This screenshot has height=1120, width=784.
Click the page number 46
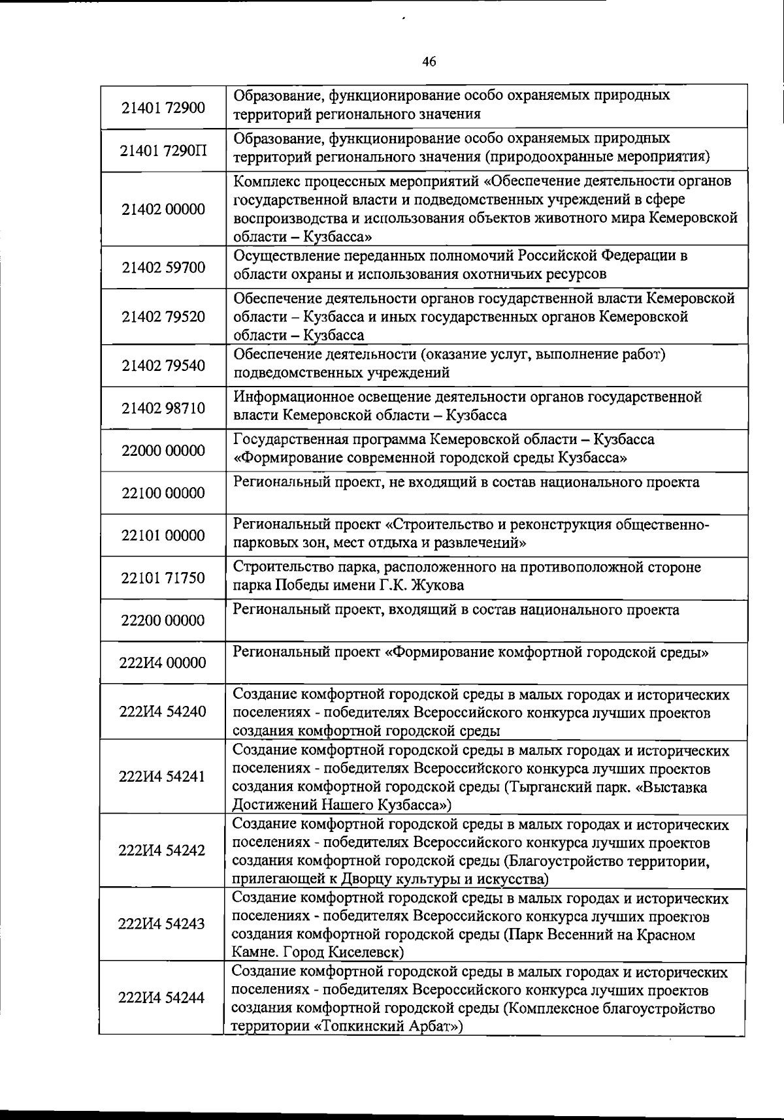(429, 62)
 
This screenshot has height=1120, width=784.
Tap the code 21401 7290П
(163, 151)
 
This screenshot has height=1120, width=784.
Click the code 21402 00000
(163, 210)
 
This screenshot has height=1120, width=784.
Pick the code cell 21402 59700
(163, 268)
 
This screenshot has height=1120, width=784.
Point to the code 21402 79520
(163, 317)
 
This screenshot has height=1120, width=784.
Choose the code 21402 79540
(163, 366)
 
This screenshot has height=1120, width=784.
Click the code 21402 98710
(163, 409)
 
